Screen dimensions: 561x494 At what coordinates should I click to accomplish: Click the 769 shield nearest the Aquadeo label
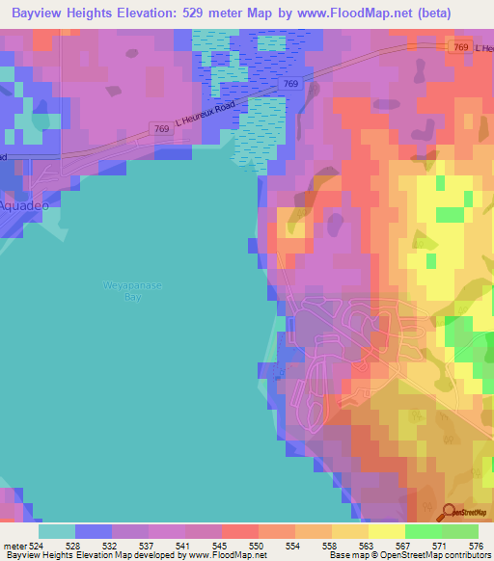coord(163,127)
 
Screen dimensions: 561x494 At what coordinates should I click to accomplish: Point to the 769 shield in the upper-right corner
coord(461,47)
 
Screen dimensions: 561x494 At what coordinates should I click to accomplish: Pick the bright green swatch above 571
coord(423,531)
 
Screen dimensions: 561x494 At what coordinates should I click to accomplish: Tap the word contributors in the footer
coord(461,555)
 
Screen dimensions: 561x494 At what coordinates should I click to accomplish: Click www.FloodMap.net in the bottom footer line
coord(229,555)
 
